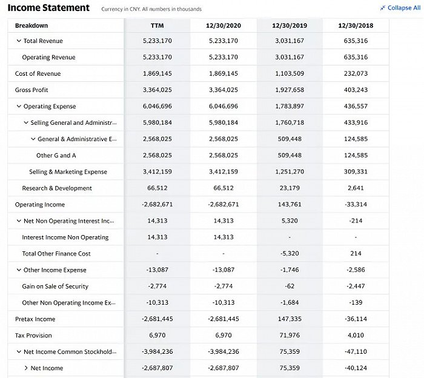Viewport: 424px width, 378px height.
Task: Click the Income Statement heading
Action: pyautogui.click(x=48, y=8)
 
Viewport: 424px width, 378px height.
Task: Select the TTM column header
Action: pyautogui.click(x=157, y=25)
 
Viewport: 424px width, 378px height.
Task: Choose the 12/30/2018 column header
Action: pyautogui.click(x=356, y=25)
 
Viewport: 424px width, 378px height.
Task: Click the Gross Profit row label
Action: pyautogui.click(x=31, y=90)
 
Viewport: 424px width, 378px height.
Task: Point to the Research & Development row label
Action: pyautogui.click(x=57, y=188)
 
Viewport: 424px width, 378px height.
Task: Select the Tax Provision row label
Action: pyautogui.click(x=33, y=335)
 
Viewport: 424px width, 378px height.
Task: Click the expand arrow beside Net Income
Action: pyautogui.click(x=26, y=368)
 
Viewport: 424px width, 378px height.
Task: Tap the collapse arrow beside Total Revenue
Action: pyautogui.click(x=19, y=41)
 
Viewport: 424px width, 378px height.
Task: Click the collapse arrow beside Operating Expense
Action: pyautogui.click(x=19, y=106)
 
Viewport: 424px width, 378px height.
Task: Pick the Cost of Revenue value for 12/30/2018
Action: pyautogui.click(x=356, y=73)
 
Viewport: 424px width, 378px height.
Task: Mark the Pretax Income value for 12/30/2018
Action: pyautogui.click(x=356, y=319)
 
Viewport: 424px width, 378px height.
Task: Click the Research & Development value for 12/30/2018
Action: pyautogui.click(x=356, y=188)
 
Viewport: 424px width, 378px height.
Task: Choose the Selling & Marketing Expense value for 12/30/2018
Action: pyautogui.click(x=356, y=171)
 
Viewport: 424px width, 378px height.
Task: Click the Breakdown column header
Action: pyautogui.click(x=31, y=25)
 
